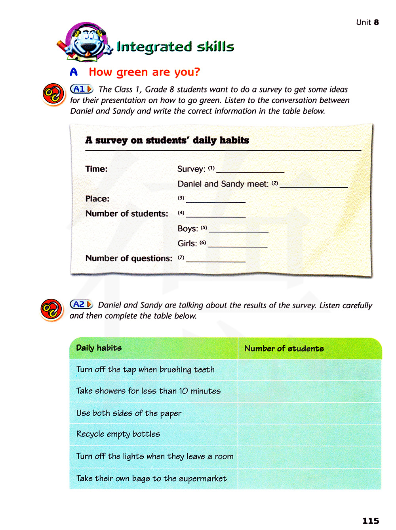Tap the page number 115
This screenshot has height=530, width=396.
370,520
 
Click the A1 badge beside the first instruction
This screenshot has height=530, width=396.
81,89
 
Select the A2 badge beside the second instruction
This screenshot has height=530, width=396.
81,304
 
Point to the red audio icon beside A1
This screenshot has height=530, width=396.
53,94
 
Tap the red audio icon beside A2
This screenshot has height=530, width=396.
51,309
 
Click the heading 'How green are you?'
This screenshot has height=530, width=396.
144,72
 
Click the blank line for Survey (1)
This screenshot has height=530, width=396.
250,169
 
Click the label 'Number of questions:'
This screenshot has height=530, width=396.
129,258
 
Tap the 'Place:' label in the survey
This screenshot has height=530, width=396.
97,199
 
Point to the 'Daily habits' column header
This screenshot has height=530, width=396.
99,348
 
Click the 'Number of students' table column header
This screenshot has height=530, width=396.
284,348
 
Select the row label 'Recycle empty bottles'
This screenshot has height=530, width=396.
118,434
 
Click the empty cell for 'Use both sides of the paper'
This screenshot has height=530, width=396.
309,413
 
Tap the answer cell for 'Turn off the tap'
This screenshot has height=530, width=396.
309,370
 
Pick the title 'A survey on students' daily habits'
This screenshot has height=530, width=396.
167,140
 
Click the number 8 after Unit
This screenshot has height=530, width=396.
376,22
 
